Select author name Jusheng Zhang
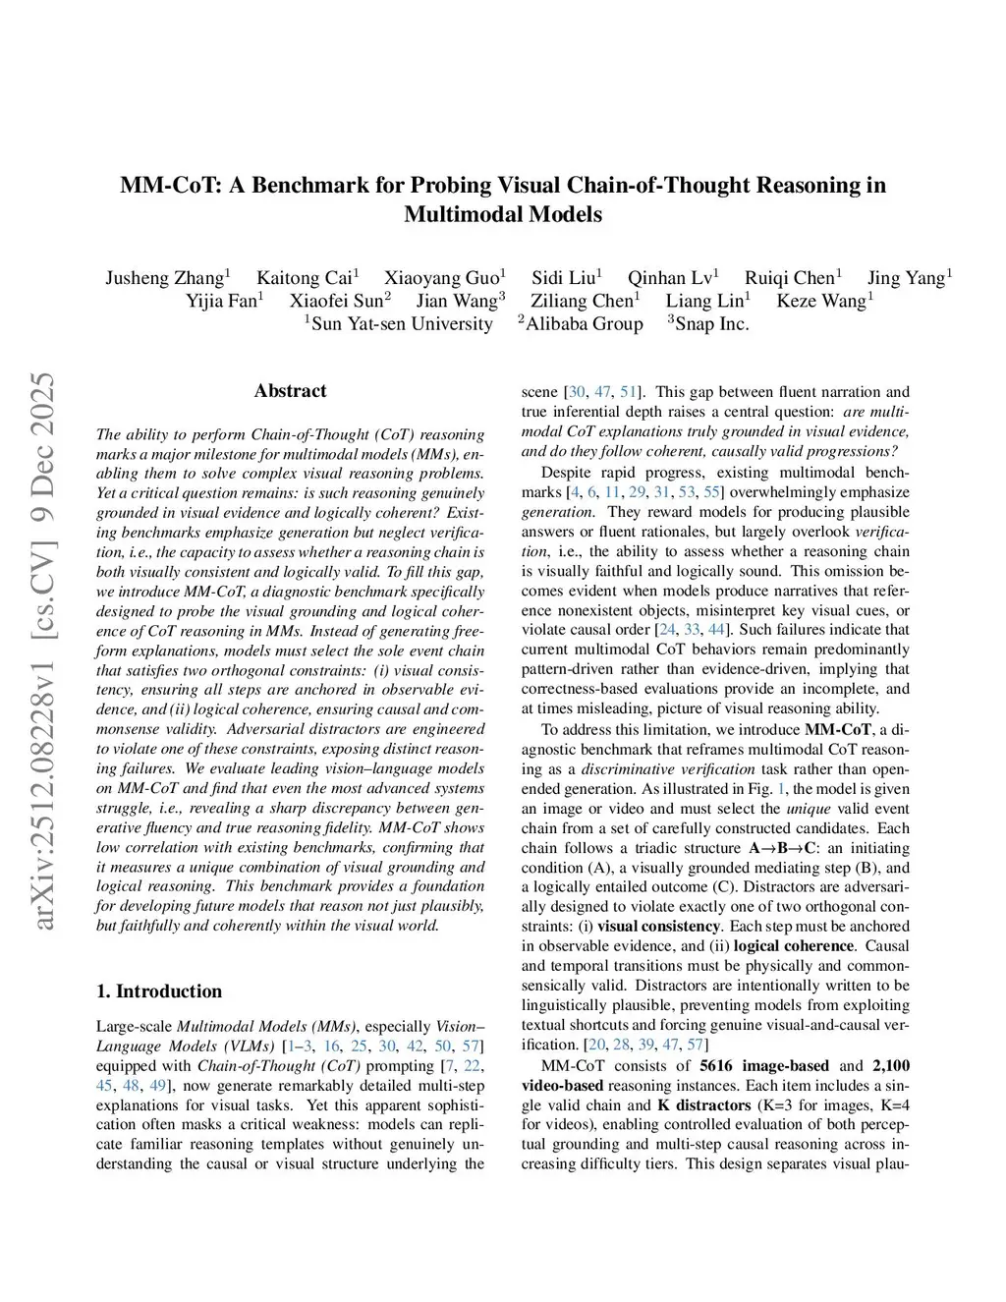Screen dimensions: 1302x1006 [x=165, y=277]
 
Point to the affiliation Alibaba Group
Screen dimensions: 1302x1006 [x=584, y=324]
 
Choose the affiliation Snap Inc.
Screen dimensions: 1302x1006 [x=711, y=324]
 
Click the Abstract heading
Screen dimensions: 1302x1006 [x=290, y=390]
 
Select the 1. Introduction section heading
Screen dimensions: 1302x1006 [x=159, y=991]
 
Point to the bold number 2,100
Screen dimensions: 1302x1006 [x=890, y=1065]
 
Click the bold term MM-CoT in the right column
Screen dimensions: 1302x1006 [x=838, y=729]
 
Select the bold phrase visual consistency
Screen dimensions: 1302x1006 [x=658, y=926]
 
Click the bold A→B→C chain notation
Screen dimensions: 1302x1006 [x=783, y=847]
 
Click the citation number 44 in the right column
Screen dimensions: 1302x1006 [x=716, y=629]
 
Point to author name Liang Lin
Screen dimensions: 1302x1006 [x=704, y=301]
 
